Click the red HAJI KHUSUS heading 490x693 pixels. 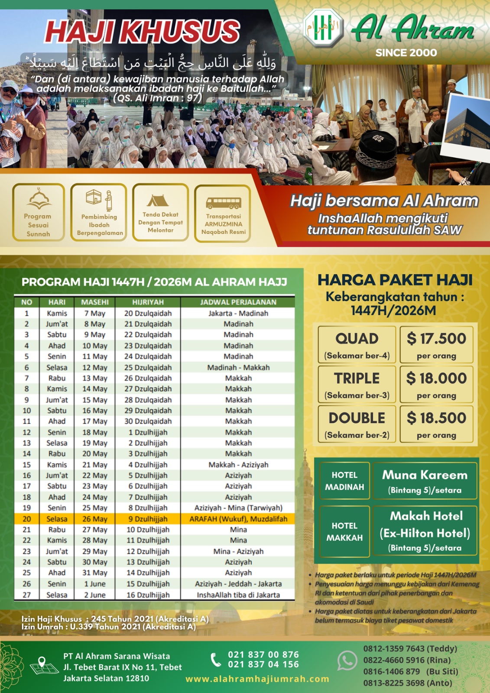[142, 31]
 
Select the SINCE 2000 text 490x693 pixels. [406, 53]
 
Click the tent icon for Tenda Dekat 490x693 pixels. [158, 200]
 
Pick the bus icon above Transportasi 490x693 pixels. [223, 203]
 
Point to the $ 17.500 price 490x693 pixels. [436, 339]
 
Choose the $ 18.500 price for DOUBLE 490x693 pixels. [436, 418]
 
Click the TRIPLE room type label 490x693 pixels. [357, 378]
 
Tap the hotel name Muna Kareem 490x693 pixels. [425, 475]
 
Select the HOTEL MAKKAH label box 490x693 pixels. [344, 531]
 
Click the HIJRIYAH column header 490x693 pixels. [148, 302]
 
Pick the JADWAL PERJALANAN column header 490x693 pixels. [238, 302]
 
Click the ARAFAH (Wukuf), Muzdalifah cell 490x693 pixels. [238, 519]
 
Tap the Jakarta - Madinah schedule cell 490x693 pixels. [238, 313]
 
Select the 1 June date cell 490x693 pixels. [95, 584]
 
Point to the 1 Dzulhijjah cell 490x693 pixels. [148, 432]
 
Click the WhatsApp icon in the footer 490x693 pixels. [347, 661]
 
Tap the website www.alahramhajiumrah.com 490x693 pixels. [257, 679]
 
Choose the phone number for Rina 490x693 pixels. [407, 660]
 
